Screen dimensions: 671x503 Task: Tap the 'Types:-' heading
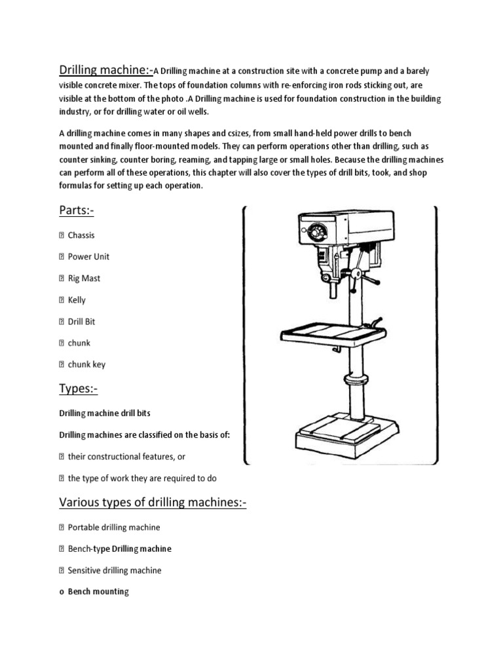(79, 389)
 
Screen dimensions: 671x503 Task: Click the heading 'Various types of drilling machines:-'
(153, 503)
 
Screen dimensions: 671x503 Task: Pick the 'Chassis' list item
(81, 235)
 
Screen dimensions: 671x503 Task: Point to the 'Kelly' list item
(77, 300)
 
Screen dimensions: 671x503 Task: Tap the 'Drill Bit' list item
(81, 322)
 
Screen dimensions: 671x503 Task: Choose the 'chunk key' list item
(86, 364)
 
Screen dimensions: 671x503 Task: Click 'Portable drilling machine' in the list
(113, 527)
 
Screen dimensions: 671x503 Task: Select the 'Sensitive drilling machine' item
(114, 570)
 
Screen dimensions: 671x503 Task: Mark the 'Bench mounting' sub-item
(98, 592)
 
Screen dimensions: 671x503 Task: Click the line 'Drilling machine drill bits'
(109, 413)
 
